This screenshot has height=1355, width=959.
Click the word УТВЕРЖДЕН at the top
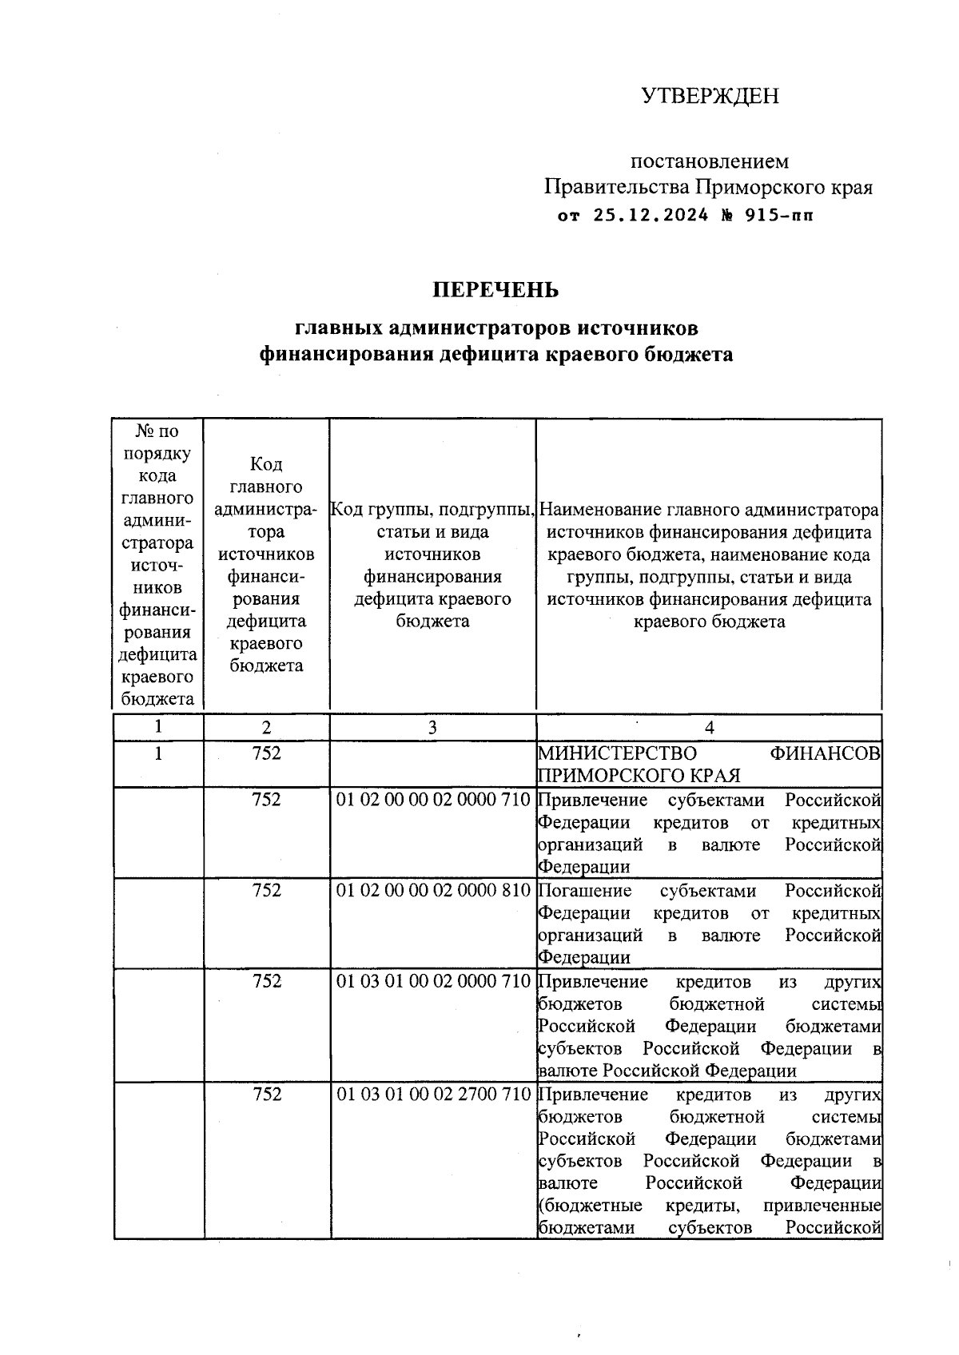710,96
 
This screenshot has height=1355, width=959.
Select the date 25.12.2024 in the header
651,215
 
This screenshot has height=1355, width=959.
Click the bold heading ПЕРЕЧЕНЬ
495,290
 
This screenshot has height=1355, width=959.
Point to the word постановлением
710,161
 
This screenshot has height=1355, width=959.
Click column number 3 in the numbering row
432,727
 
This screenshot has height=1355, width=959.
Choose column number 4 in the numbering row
709,727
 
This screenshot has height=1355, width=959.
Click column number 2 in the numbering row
266,727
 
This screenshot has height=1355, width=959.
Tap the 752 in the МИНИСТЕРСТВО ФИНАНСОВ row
266,753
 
